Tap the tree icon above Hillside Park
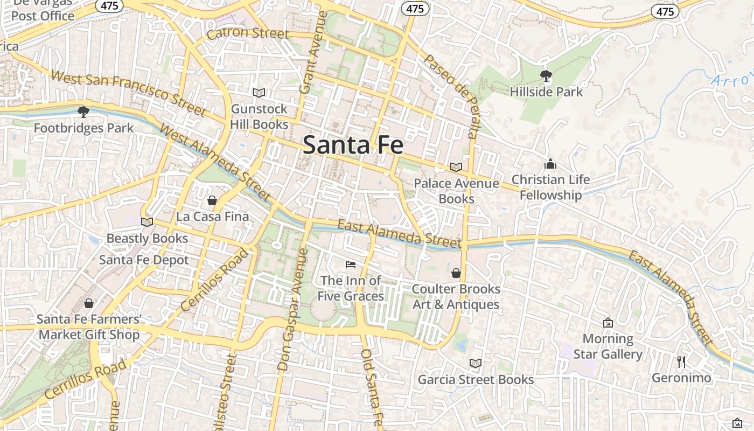[x=546, y=76]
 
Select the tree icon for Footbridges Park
[x=83, y=112]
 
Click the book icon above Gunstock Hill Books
[x=259, y=93]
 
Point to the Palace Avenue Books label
[x=456, y=191]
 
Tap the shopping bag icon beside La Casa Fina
[x=212, y=200]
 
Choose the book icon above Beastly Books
[x=146, y=222]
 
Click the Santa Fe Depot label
[x=144, y=260]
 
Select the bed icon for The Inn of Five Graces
[x=350, y=265]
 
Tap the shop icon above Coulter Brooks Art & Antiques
[x=456, y=273]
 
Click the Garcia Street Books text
[x=476, y=380]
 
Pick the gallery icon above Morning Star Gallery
[x=608, y=323]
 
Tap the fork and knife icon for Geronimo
[x=681, y=362]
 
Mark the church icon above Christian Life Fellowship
[x=550, y=163]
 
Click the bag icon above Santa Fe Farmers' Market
[x=89, y=304]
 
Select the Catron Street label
[x=248, y=33]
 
